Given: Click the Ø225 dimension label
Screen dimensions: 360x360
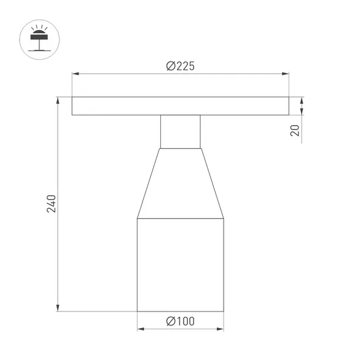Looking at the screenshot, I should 180,67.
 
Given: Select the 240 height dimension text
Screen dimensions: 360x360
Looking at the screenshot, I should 52,203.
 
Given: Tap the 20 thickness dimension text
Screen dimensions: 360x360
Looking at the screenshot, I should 295,130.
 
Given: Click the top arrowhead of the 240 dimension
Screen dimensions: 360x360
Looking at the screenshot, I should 58,100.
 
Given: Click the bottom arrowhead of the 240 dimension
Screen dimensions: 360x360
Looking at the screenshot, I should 58,308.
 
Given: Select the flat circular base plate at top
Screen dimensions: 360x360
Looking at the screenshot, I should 180,106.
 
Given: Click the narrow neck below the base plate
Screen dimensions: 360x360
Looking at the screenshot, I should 180,131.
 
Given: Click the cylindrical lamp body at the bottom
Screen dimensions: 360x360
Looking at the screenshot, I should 180,264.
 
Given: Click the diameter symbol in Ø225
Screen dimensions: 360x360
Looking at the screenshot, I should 171,67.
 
